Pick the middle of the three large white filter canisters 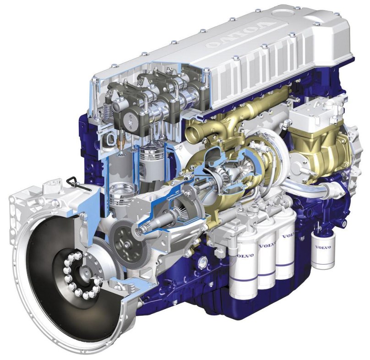267,262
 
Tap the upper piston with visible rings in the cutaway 152,155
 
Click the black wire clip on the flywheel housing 77,183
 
